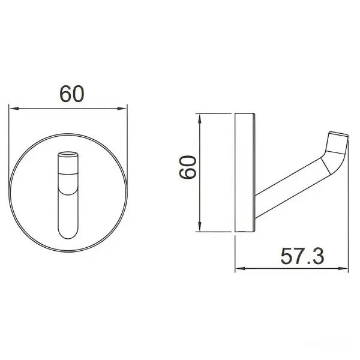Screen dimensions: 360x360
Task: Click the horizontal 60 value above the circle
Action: click(70, 94)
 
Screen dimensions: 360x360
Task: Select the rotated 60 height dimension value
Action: click(188, 169)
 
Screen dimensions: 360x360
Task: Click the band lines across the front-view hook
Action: click(68, 173)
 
